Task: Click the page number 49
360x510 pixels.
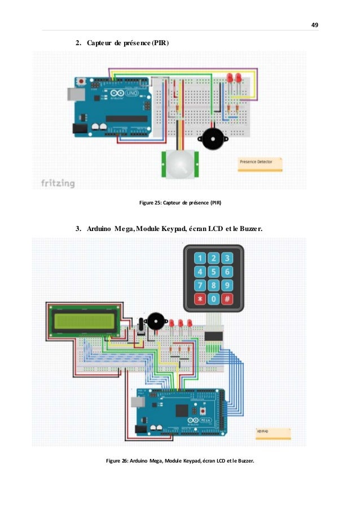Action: tap(315, 25)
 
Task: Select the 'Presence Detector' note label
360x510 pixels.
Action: tap(259, 162)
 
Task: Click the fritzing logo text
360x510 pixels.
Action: tap(58, 184)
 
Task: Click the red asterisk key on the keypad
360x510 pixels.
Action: tap(199, 299)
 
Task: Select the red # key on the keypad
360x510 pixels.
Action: tap(227, 299)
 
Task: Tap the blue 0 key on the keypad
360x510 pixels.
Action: tap(213, 299)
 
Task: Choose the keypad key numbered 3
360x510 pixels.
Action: tap(227, 259)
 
